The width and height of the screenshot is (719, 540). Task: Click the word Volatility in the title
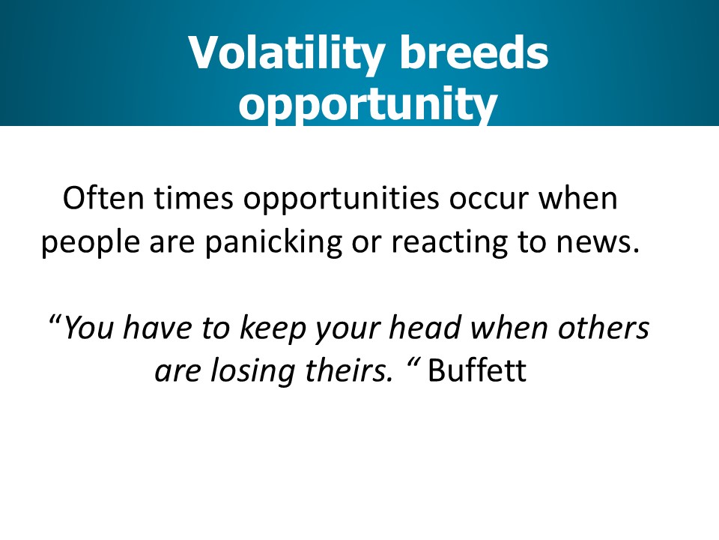(x=286, y=54)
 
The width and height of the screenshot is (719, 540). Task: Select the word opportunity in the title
(x=368, y=104)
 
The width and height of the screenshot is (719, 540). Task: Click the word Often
(x=103, y=198)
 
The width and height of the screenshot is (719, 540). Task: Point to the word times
(x=193, y=198)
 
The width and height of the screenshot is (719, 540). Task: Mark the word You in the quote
(x=88, y=328)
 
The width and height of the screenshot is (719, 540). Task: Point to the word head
(x=425, y=327)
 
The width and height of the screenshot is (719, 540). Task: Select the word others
(x=604, y=327)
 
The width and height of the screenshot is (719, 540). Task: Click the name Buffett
(x=477, y=370)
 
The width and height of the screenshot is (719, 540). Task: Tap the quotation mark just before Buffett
(x=413, y=363)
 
